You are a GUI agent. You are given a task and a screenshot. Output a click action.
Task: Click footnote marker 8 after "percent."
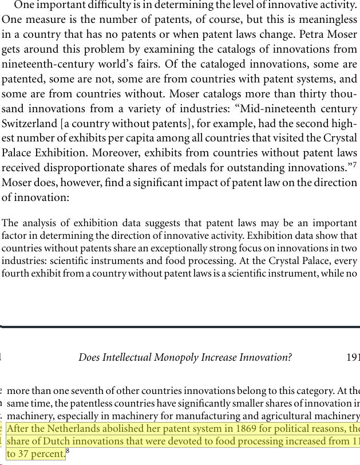click(x=68, y=451)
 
